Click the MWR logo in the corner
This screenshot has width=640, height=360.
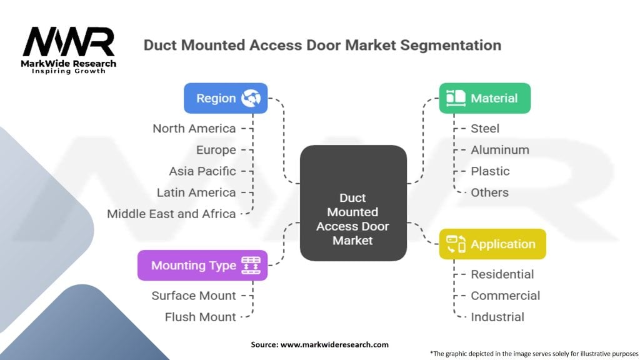(x=69, y=50)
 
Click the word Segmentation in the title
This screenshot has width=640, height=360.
(x=451, y=45)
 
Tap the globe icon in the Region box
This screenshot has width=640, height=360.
(x=251, y=98)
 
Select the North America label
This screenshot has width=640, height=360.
(x=194, y=129)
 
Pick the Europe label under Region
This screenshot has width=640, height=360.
(x=216, y=150)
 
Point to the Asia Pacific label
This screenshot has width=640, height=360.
(x=202, y=171)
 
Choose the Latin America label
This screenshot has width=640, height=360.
(x=196, y=192)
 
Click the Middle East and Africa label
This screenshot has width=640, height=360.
(x=171, y=214)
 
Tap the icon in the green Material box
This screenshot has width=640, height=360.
(x=456, y=98)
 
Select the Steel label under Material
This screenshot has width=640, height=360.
(x=485, y=129)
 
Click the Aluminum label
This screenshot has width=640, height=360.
(x=500, y=150)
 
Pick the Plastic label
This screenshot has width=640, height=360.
(x=490, y=171)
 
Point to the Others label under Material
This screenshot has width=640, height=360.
(x=490, y=192)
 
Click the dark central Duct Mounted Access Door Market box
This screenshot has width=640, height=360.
(x=353, y=203)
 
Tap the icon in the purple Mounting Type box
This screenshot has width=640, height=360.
(x=251, y=265)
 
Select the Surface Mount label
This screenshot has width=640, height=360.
(x=194, y=296)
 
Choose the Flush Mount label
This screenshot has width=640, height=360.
(x=201, y=317)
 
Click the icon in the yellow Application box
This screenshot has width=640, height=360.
(x=456, y=244)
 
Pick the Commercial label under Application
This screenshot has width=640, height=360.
(x=505, y=296)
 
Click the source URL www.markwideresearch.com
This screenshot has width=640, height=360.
(x=334, y=344)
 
